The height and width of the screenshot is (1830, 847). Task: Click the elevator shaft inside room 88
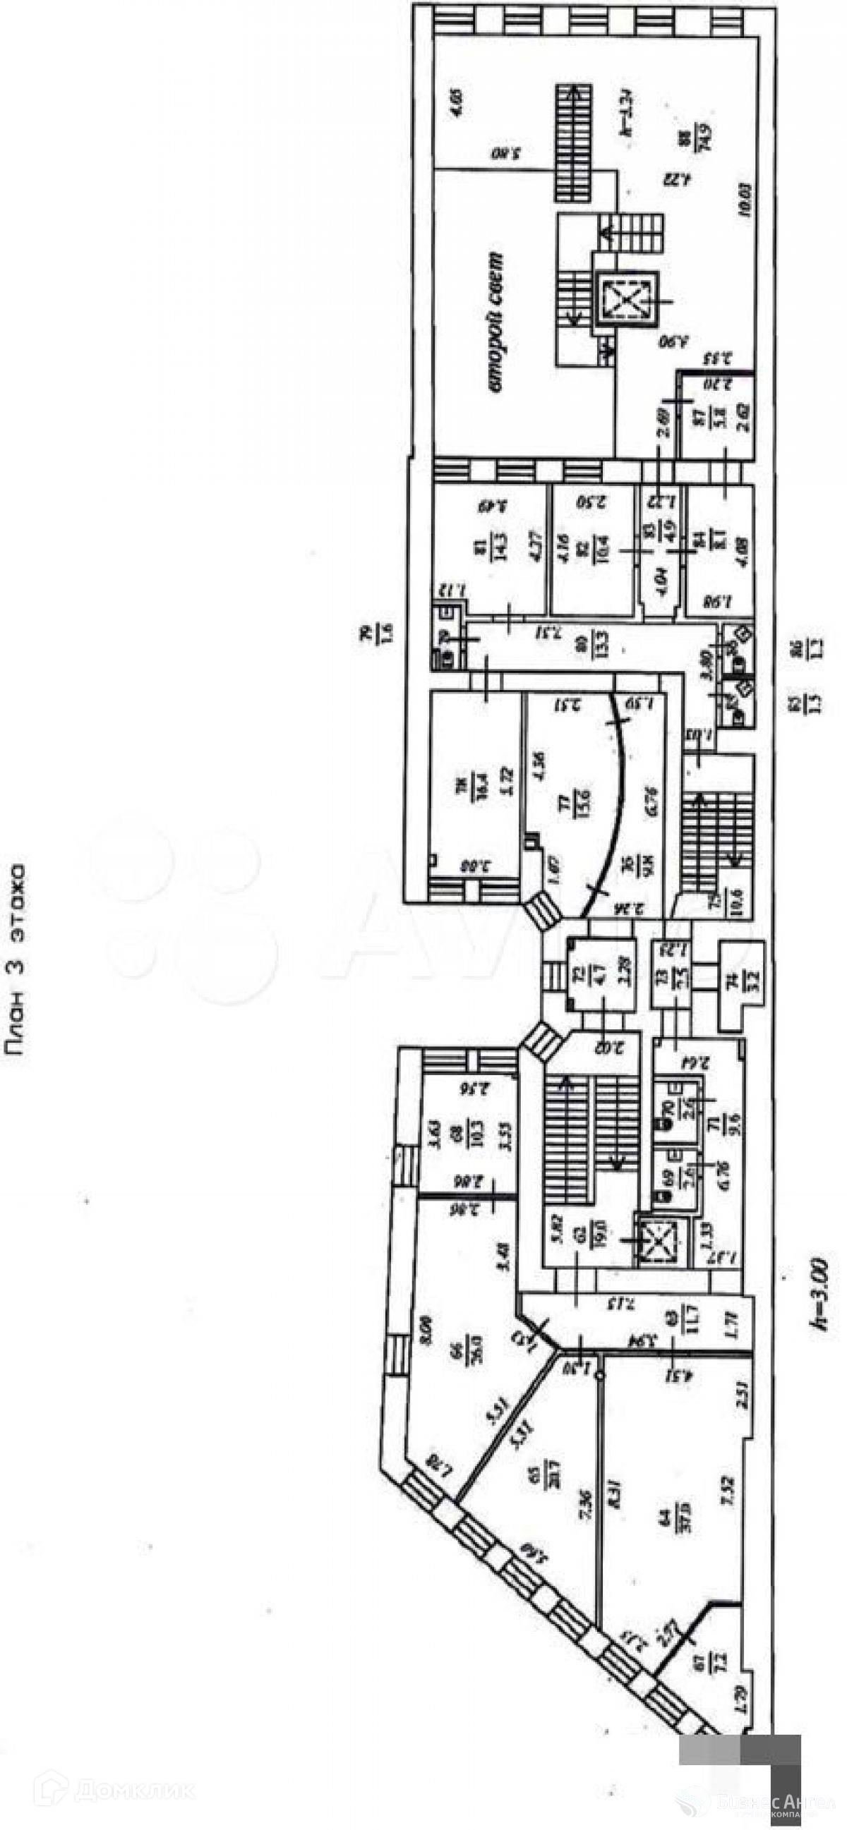(x=625, y=298)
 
